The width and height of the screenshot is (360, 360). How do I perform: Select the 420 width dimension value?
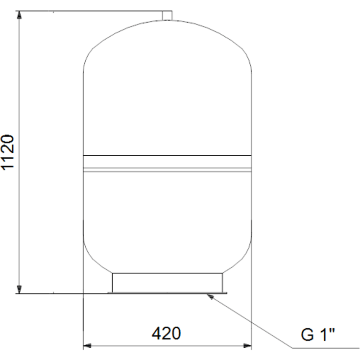point(166,334)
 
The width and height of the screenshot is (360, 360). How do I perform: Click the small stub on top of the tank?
point(168,16)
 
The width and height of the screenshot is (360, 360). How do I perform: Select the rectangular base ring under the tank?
point(168,283)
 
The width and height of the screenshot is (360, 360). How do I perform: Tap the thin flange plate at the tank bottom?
point(168,293)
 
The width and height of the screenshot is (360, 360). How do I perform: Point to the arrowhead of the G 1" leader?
point(210,295)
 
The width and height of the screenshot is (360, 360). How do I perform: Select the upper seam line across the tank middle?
point(167,156)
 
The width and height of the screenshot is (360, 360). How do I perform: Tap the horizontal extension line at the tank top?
point(88,10)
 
